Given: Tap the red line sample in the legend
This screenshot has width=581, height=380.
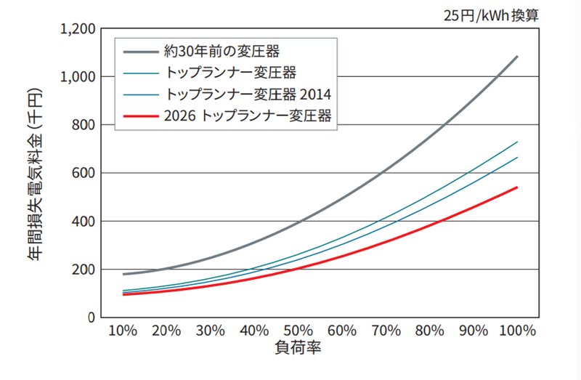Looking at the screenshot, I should [x=141, y=116].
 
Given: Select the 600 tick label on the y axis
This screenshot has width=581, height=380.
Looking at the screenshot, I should [x=84, y=174].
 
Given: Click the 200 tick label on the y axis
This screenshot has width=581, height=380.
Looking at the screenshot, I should [x=84, y=270].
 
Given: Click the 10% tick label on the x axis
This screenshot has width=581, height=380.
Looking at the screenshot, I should [x=123, y=331].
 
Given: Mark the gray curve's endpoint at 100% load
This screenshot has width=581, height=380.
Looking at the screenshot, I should [x=517, y=56].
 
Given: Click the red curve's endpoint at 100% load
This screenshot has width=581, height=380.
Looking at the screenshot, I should [x=517, y=187].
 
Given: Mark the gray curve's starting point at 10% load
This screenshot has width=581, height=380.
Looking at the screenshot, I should [x=123, y=274].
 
